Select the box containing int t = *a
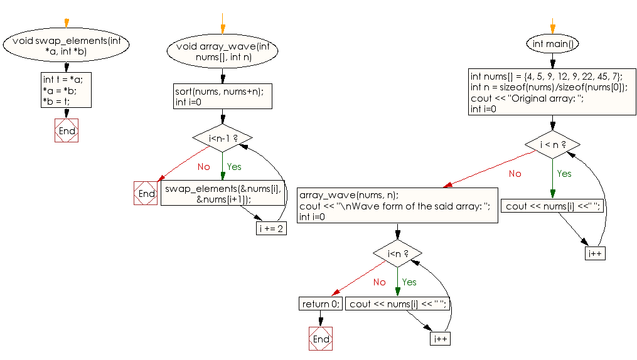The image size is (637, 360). coord(65,90)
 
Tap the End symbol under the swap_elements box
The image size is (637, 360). coord(67,131)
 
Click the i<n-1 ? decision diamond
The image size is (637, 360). coord(223,138)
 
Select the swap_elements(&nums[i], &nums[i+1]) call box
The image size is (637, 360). coord(223,193)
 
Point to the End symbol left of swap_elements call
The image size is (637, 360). coord(146,193)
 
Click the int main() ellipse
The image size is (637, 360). coord(552,44)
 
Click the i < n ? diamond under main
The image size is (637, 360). coord(552,145)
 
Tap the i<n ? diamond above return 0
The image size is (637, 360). coord(397,253)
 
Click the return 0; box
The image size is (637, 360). coord(321,304)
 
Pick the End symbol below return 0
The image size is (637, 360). coord(321,339)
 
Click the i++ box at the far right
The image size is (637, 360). coord(595,253)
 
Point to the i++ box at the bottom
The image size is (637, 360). coord(441,339)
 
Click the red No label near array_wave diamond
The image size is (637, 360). coord(203,167)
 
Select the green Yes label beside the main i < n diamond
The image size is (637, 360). coord(564,173)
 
